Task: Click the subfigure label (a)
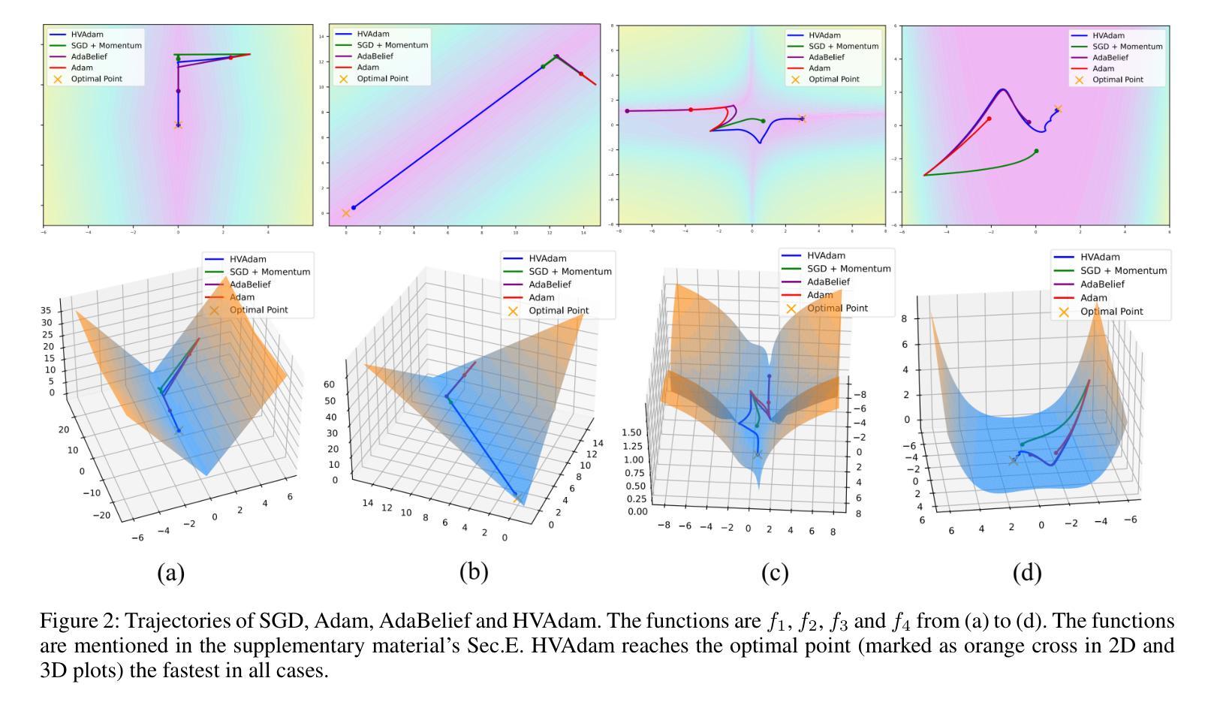[170, 573]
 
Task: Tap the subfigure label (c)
[774, 573]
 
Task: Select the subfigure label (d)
[1027, 573]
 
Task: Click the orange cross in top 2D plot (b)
[346, 213]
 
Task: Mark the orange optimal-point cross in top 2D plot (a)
[178, 125]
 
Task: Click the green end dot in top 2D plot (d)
[1036, 151]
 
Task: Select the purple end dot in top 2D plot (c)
[627, 111]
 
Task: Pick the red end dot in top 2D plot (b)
[580, 74]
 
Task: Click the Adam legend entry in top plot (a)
[82, 68]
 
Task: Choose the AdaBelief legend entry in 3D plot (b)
[550, 285]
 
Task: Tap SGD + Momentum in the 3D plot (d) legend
[1123, 270]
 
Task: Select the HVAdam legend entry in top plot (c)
[825, 35]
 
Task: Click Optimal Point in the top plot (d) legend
[1119, 79]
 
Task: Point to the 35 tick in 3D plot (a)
[46, 311]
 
